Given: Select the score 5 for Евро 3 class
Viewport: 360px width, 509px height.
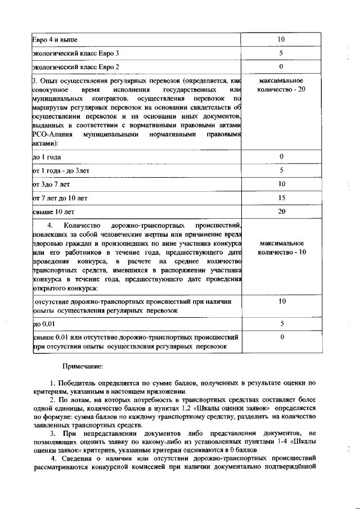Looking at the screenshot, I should tap(281, 53).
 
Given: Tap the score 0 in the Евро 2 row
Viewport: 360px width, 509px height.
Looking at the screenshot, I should tap(281, 67).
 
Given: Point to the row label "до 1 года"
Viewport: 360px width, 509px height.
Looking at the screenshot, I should tap(47, 157).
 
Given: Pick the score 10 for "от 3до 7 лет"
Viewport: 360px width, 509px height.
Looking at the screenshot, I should tap(281, 184).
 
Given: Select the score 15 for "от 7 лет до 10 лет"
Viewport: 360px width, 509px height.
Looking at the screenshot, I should tap(281, 198).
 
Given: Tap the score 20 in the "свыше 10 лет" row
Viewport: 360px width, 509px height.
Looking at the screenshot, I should tap(281, 211).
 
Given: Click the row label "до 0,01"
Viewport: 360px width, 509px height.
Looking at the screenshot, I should tap(44, 325).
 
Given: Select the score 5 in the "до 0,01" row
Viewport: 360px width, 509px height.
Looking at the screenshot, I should tap(281, 324).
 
